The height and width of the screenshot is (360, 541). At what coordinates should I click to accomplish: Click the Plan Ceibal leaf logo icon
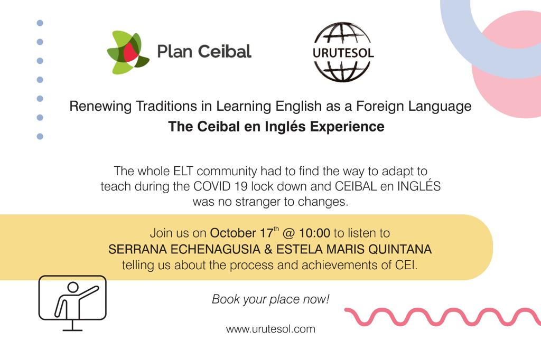[128, 52]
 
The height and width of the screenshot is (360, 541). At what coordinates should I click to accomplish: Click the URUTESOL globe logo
[343, 52]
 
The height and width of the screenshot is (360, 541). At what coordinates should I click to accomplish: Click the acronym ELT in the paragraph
[182, 171]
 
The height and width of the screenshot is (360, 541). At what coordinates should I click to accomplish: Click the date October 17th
[240, 233]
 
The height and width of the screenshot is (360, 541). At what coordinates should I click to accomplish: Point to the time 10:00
[314, 233]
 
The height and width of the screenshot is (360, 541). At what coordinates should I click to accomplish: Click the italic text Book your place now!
[270, 299]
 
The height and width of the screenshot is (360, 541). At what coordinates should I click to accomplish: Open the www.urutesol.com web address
[270, 329]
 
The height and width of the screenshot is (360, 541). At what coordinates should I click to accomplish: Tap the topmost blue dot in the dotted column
[40, 23]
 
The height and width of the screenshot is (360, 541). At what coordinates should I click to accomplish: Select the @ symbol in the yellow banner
[295, 233]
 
